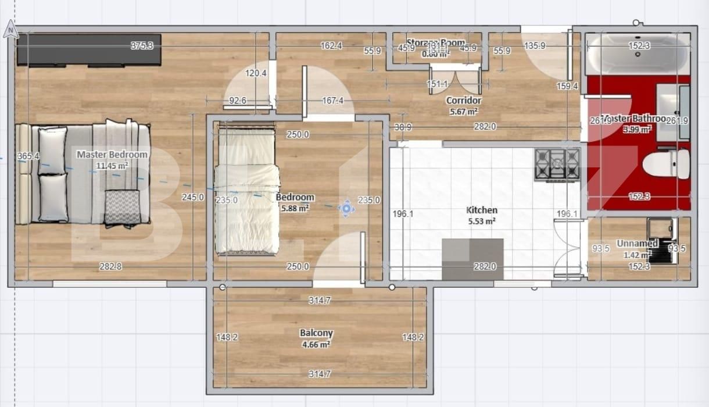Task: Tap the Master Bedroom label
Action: [x=112, y=155]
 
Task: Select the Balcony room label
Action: [x=316, y=333]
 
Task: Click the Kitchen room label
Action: [x=482, y=210]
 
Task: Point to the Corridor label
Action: [x=463, y=101]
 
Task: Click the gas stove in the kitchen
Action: [x=557, y=164]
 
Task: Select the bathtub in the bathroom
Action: [x=638, y=54]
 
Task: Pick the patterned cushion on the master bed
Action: [x=122, y=207]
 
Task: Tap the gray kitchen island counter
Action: [x=472, y=259]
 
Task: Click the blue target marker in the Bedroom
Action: [x=346, y=208]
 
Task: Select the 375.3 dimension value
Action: [x=142, y=45]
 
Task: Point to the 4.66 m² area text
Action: [x=316, y=344]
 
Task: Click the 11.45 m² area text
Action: [x=112, y=166]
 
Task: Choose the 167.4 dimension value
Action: [x=332, y=101]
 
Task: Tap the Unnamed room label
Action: [x=637, y=243]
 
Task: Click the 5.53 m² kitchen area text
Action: [x=482, y=221]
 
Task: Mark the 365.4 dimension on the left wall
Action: [x=28, y=156]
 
